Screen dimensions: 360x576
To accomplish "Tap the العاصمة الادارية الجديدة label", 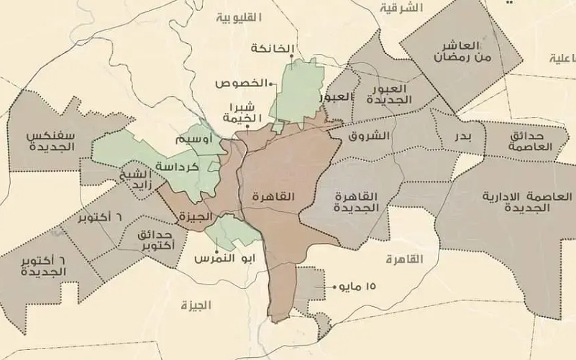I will (528, 201).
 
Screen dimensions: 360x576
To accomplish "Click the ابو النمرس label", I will (217, 258).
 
